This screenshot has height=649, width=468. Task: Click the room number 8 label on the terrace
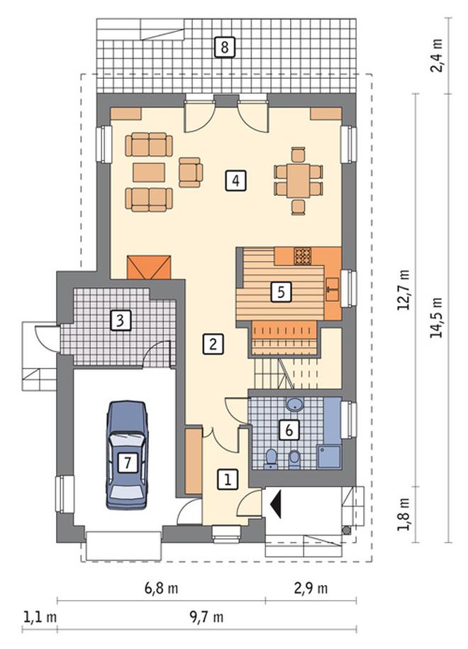click(x=225, y=47)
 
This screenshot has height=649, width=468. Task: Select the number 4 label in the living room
click(x=235, y=180)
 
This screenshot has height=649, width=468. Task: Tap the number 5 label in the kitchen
click(x=281, y=292)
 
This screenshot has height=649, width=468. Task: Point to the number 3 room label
click(x=121, y=320)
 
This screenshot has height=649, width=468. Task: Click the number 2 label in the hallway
click(x=213, y=344)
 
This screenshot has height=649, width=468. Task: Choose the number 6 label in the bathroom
click(x=289, y=430)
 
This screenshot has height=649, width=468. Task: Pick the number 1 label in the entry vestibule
click(x=228, y=479)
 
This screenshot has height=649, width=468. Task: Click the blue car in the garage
click(x=128, y=454)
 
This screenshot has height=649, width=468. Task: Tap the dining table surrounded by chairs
click(x=299, y=180)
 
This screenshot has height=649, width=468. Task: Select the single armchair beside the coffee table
click(x=191, y=172)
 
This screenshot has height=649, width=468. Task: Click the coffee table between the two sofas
click(x=149, y=172)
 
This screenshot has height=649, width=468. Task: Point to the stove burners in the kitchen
click(x=302, y=256)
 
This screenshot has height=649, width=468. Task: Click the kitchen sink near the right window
click(x=332, y=289)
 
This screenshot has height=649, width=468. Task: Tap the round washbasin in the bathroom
click(x=294, y=405)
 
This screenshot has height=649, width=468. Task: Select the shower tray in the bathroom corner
click(x=329, y=457)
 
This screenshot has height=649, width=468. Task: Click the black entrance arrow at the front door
click(x=276, y=503)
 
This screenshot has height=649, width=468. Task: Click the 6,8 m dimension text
click(x=161, y=588)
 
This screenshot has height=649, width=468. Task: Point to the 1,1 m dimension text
click(x=40, y=618)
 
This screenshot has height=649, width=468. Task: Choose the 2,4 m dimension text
click(x=437, y=55)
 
